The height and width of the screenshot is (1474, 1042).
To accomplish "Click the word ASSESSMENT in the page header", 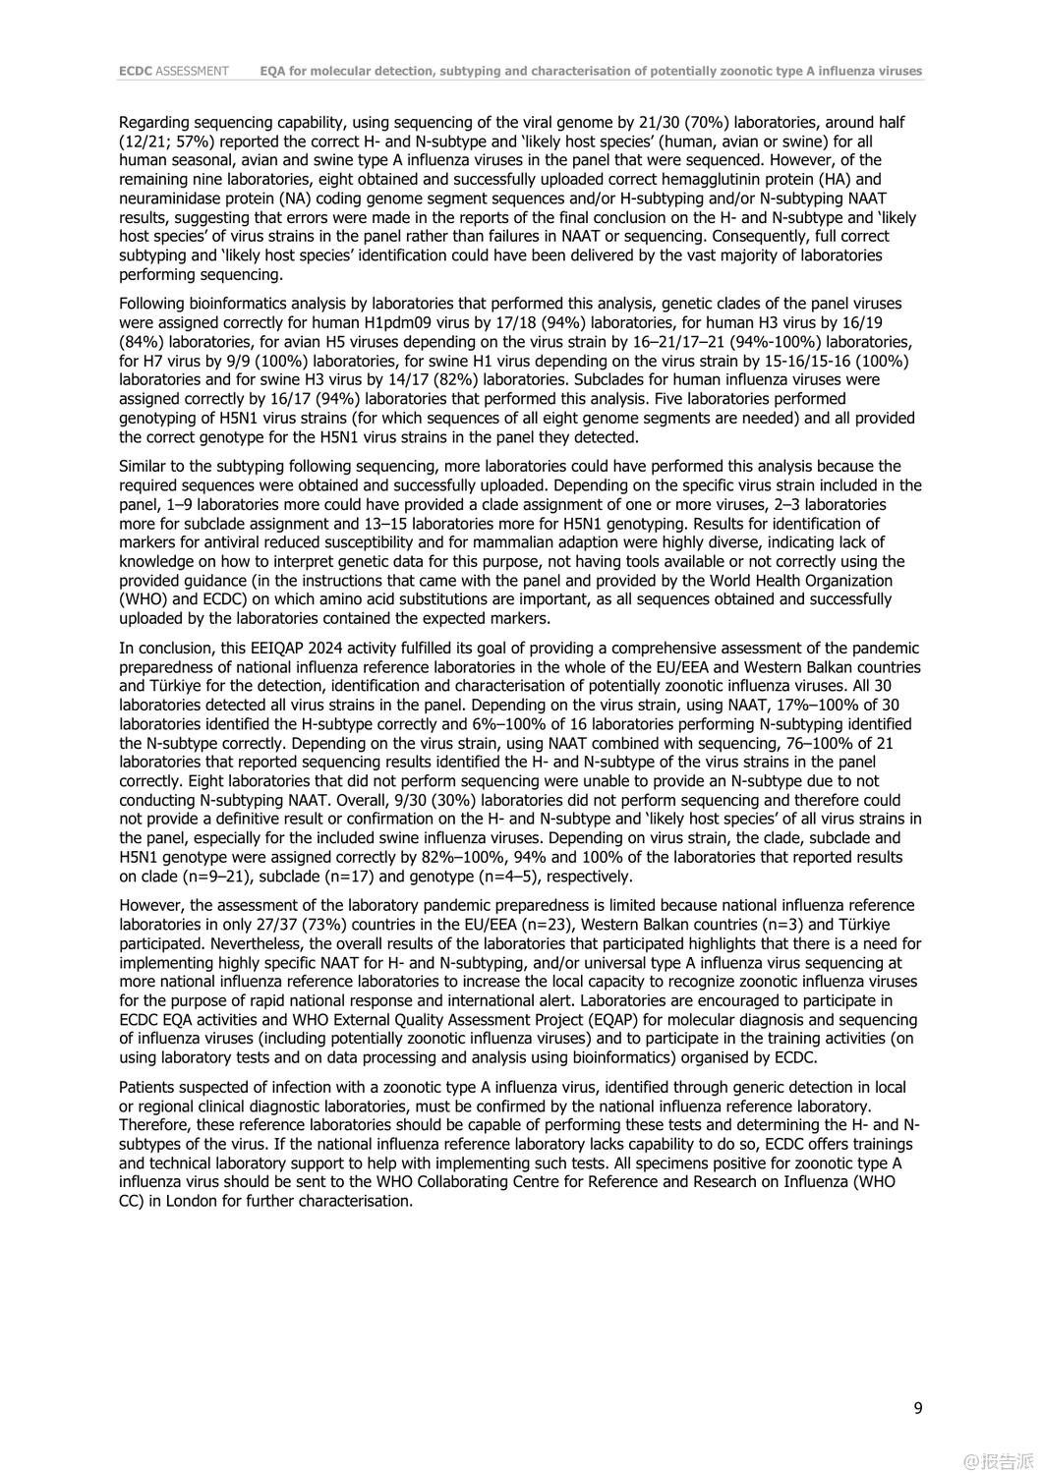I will [193, 71].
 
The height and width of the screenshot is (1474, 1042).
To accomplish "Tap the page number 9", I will [918, 1408].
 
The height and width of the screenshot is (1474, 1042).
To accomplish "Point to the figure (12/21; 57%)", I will [167, 142].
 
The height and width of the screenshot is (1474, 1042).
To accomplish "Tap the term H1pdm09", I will [467, 323].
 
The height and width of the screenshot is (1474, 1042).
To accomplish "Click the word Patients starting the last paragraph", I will [148, 1087].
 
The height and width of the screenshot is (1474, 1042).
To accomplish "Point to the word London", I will [192, 1201].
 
